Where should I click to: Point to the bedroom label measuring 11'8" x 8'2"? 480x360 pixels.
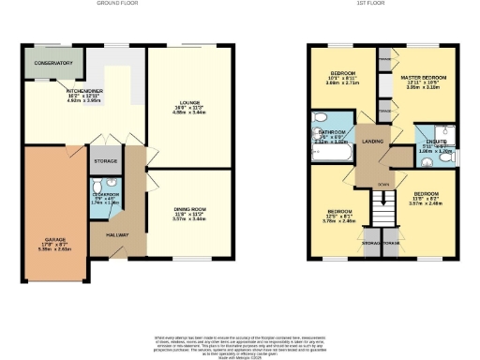pyautogui.click(x=426, y=196)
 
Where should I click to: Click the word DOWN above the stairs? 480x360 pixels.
pyautogui.click(x=382, y=184)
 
